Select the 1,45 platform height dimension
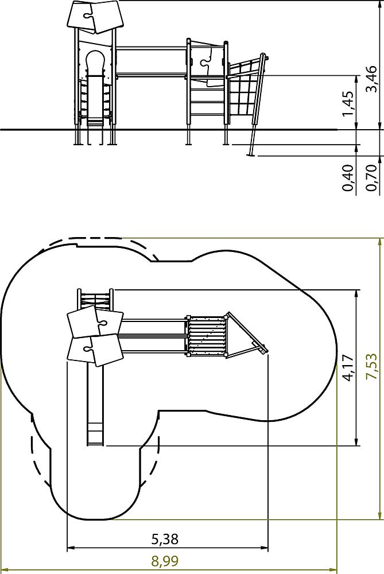tap(348, 103)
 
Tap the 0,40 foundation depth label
tap(348, 178)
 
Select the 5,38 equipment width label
tap(165, 539)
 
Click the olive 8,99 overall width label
tap(165, 561)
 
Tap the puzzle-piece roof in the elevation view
tap(95, 17)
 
